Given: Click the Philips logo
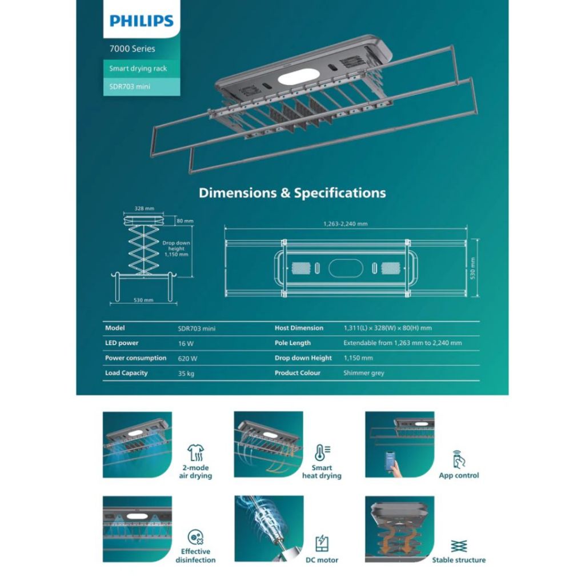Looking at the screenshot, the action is tap(142, 21).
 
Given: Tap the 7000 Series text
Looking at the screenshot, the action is tap(132, 49).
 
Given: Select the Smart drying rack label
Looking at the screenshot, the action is tap(138, 69).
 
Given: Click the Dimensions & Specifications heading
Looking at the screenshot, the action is tap(292, 193).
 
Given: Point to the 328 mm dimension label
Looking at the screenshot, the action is tap(145, 208).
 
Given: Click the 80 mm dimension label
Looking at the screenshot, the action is tap(185, 221).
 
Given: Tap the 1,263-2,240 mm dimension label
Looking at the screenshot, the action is tap(346, 224).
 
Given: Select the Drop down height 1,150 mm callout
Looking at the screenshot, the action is tap(176, 249).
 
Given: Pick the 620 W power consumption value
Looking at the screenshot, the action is tap(187, 358).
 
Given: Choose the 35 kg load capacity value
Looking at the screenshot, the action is tap(186, 373).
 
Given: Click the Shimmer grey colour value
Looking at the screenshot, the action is tap(364, 372).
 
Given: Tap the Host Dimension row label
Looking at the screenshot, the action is tap(299, 328).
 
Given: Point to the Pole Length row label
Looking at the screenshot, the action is tap(292, 343).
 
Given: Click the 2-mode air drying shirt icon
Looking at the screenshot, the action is tap(195, 453).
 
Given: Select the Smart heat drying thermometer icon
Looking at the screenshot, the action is tap(322, 453).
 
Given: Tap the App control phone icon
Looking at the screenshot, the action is tap(459, 459).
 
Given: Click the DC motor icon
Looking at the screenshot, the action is tap(322, 544).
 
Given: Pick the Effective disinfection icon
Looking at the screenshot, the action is tap(195, 537).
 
